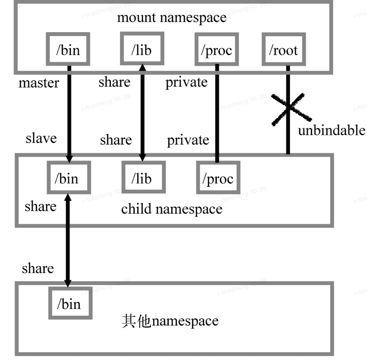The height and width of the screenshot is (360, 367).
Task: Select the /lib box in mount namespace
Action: point(141,50)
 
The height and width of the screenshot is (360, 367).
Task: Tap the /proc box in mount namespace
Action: point(216,50)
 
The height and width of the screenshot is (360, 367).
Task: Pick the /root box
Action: point(285,50)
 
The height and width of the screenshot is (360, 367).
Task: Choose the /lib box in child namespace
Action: point(141,178)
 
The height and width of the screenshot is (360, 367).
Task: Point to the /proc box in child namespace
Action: point(217,178)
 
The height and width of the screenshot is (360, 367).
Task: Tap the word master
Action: point(39,83)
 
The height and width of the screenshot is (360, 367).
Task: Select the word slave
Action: point(41,138)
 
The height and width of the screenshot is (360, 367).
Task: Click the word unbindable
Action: point(331,130)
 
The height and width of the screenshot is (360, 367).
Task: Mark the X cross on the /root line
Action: point(290,108)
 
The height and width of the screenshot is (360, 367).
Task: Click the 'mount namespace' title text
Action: point(171,18)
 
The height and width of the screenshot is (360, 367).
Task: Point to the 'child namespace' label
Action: point(171,209)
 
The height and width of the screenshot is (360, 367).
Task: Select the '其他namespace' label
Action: point(170,321)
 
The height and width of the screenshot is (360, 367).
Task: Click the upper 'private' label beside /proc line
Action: point(186,83)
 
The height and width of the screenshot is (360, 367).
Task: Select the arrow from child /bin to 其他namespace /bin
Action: point(68,241)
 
